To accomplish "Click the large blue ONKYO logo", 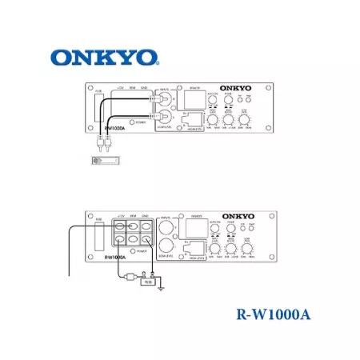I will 104,58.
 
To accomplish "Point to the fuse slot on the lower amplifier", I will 100,236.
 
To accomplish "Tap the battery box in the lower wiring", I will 147,281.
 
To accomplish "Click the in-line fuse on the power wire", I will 129,278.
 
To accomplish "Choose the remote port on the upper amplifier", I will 132,102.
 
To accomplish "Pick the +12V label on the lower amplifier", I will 119,216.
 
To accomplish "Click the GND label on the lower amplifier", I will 145,216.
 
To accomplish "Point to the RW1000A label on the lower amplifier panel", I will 114,257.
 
